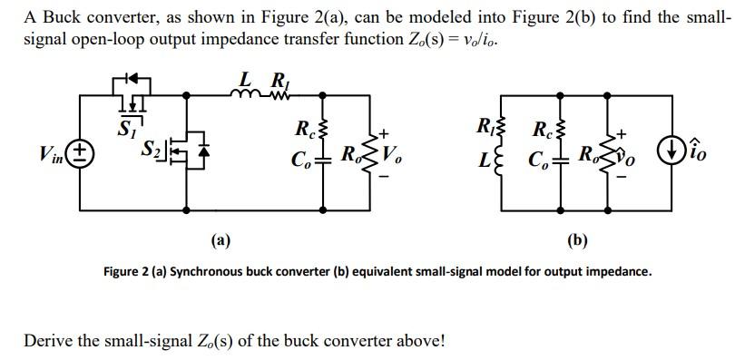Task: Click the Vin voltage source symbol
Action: pos(79,152)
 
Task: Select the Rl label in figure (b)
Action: pos(485,126)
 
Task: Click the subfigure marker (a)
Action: pos(219,240)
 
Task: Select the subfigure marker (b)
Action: pos(577,240)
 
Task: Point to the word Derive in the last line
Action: pos(48,341)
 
